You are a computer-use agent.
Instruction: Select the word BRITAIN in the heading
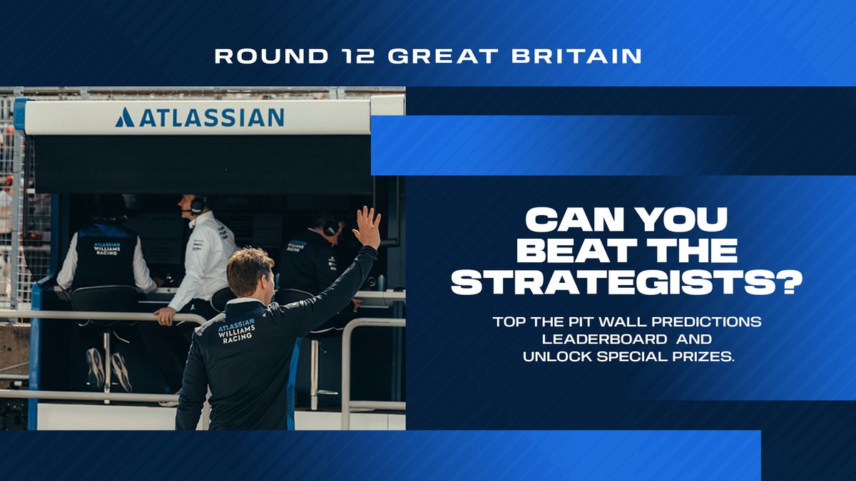tap(576, 56)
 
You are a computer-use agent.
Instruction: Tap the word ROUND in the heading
tap(272, 56)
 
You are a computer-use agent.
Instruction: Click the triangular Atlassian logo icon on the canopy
tap(125, 117)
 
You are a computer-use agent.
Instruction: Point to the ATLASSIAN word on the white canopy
tap(212, 117)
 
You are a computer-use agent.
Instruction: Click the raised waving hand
tap(367, 227)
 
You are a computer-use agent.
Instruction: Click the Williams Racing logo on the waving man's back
tap(236, 331)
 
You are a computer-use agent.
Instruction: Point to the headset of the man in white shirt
tap(197, 206)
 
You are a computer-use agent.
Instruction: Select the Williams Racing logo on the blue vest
tap(107, 248)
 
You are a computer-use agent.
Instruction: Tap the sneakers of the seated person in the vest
tap(109, 370)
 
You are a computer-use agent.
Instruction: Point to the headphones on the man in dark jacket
tap(331, 226)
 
